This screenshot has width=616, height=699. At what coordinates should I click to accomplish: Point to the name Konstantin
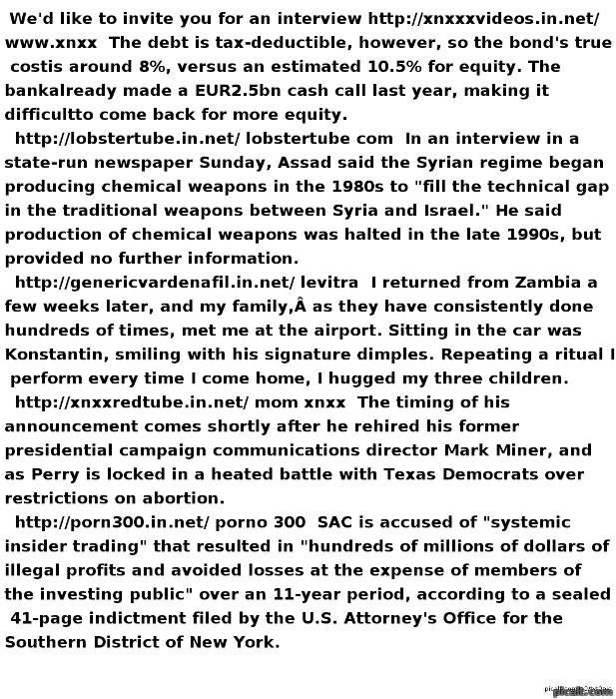[x=56, y=354]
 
